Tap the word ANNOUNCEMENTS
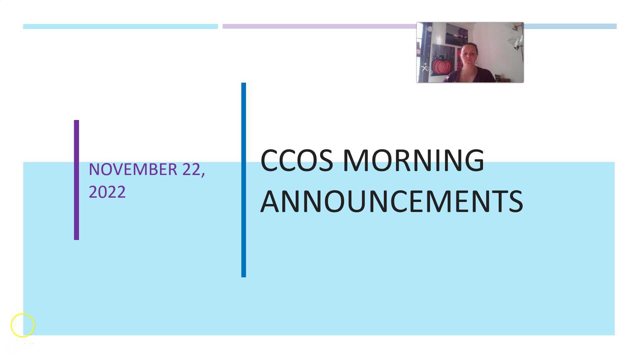click(x=392, y=201)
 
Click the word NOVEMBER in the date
click(x=133, y=169)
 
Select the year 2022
click(x=107, y=192)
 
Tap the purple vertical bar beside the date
click(x=76, y=180)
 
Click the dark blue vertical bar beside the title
click(x=244, y=180)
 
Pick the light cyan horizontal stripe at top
click(x=121, y=26)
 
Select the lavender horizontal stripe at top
click(x=319, y=26)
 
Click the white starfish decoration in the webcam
click(x=425, y=68)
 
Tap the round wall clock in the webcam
click(x=430, y=29)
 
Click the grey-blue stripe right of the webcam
click(x=570, y=26)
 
